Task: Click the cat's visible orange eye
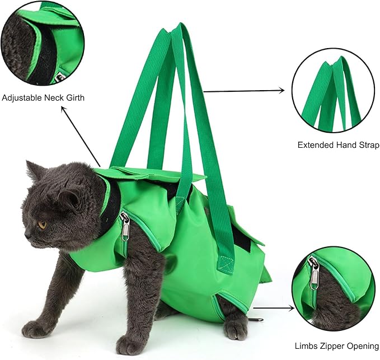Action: point(42,225)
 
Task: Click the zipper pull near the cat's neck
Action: point(125,227)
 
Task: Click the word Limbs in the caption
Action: point(306,346)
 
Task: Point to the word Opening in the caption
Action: point(363,346)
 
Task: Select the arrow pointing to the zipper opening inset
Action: point(274,307)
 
